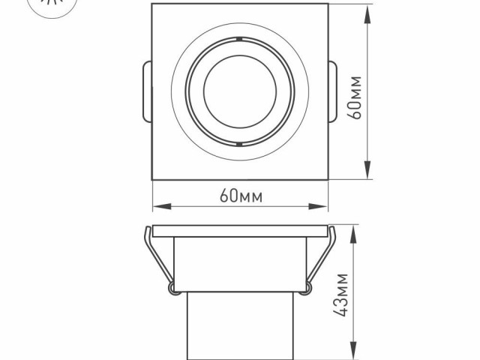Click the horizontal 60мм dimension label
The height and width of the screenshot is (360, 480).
click(x=240, y=196)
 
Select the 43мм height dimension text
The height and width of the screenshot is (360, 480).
click(x=342, y=294)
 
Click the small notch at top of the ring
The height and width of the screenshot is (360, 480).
click(x=238, y=37)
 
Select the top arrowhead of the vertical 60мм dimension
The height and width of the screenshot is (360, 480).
click(x=369, y=9)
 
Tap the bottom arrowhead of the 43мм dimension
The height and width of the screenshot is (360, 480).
click(x=353, y=354)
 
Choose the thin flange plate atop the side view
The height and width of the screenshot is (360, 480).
click(x=240, y=229)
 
